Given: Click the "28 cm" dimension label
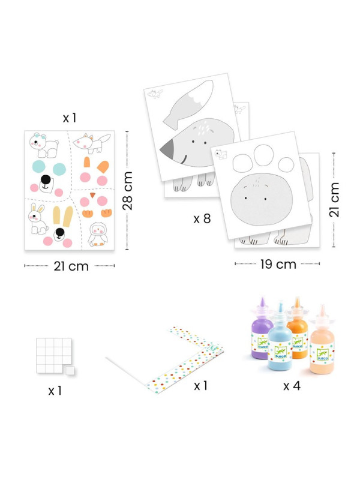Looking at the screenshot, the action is (127, 191).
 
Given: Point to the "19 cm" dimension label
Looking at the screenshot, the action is (278, 264).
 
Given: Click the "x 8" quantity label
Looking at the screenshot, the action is (202, 218).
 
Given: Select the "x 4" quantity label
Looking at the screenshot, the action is (292, 386).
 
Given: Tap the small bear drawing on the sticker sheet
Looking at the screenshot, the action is (43, 145).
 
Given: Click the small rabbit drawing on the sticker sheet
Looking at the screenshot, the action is (37, 218).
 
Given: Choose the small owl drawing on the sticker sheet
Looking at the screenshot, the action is (98, 234).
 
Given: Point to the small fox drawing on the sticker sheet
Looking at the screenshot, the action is (92, 143).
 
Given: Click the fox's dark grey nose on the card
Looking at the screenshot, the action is (169, 148).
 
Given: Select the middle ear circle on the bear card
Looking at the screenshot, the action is (263, 155).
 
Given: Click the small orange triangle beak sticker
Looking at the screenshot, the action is (92, 196).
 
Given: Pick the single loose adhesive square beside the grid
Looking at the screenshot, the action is (70, 370).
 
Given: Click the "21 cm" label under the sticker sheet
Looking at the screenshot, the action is (71, 266).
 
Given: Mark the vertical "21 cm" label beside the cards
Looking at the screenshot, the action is (334, 200).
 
